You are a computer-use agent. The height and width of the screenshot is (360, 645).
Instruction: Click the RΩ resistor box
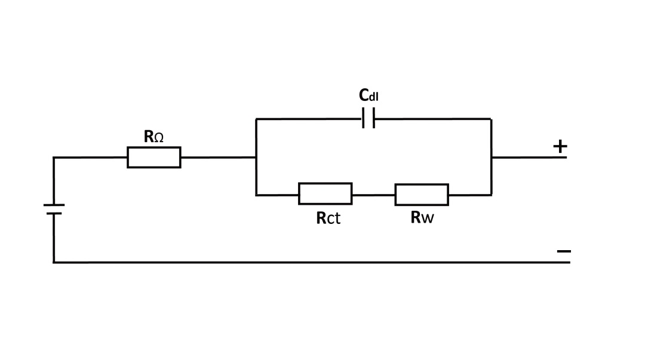pos(153,158)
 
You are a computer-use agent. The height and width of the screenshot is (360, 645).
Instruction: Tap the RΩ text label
pos(153,137)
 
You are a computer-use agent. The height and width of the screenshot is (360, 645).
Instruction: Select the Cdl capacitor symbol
pos(368,119)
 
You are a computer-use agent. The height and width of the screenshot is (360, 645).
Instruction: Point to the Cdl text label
pos(368,95)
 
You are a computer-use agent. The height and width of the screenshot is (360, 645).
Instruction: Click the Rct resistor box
pos(325,194)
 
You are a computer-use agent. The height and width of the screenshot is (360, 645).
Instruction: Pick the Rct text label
pos(328,218)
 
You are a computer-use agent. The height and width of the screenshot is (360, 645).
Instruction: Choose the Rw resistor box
pos(422,195)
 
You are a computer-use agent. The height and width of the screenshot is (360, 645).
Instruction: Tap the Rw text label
pos(422,217)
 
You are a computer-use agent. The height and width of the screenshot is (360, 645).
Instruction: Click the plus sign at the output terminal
pos(560,146)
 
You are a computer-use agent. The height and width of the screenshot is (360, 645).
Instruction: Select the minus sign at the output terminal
pos(563,251)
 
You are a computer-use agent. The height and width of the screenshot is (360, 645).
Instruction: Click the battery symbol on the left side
pos(54,209)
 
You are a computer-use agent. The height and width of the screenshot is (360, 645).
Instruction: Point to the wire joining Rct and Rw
pos(373,195)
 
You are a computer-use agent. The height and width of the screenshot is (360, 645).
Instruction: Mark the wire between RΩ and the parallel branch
pos(218,158)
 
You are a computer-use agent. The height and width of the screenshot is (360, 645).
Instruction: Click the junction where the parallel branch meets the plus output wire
pos(491,158)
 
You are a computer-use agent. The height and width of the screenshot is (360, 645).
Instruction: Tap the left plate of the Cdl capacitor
pos(364,119)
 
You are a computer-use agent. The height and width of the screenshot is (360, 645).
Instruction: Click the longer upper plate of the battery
pos(54,205)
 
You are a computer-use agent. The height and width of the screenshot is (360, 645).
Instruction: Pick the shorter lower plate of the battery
pos(54,213)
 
